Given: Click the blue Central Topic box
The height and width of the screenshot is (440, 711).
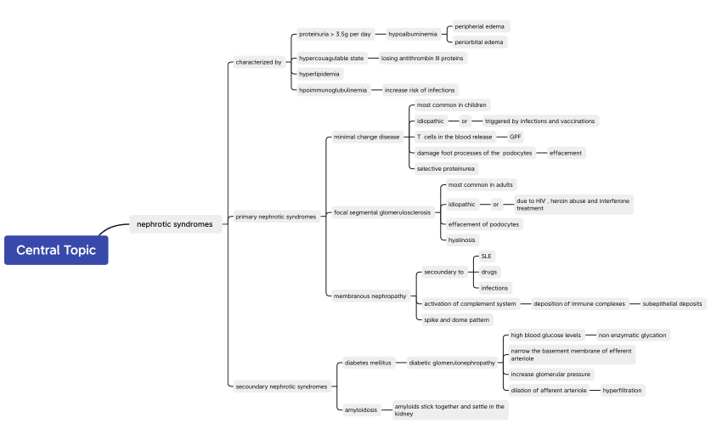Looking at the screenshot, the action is point(56,250).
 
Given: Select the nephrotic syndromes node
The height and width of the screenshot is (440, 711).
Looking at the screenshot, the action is point(176,224).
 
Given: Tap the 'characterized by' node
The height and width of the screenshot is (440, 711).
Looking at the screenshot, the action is point(258,62).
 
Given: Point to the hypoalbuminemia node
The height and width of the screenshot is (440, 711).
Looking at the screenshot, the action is point(413,34).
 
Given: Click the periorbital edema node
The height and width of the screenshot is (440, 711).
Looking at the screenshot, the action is point(479,42).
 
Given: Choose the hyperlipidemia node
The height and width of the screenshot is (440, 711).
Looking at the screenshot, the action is point(319,74).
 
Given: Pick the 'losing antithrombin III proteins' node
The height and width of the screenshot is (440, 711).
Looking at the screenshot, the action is point(422,58).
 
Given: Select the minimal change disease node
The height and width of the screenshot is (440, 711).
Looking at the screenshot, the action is point(367,137).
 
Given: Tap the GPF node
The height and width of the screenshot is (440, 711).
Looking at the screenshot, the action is point(515,137).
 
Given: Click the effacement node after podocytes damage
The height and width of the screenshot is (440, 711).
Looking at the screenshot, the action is point(566,153).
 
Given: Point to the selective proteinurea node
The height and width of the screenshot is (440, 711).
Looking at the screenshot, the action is point(446,169).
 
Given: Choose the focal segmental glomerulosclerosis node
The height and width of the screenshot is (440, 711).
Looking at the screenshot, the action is point(382,212).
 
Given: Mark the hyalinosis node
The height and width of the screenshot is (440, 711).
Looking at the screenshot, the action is point(461,240).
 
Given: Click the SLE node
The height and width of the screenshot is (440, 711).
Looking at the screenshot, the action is point(486,257).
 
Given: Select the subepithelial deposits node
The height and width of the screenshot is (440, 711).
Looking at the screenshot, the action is point(672,304).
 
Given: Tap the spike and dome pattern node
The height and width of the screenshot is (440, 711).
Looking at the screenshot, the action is point(457,319).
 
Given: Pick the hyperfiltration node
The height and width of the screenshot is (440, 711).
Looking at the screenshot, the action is point(622,390).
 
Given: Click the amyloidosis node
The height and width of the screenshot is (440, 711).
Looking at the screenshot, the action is point(361,409).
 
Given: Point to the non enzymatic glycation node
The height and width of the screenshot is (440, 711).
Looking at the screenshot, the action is point(633,336).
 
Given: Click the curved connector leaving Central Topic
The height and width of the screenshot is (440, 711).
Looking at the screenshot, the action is point(110,227).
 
